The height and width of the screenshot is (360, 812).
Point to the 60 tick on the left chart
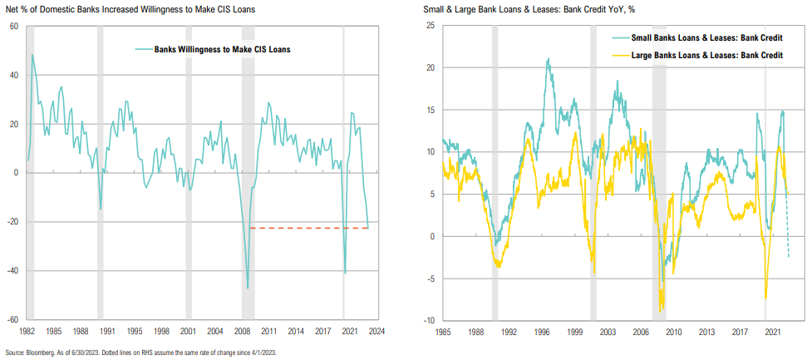click(14, 27)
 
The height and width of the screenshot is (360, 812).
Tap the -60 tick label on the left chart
click(13, 319)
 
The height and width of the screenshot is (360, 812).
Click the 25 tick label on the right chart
click(430, 26)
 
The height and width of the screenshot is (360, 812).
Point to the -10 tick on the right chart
click(429, 320)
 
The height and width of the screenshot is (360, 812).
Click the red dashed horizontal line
click(308, 227)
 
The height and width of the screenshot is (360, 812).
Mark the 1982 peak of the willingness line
click(32, 56)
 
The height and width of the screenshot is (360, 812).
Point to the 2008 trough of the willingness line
click(247, 288)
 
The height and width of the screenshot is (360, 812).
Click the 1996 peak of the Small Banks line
click(548, 59)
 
